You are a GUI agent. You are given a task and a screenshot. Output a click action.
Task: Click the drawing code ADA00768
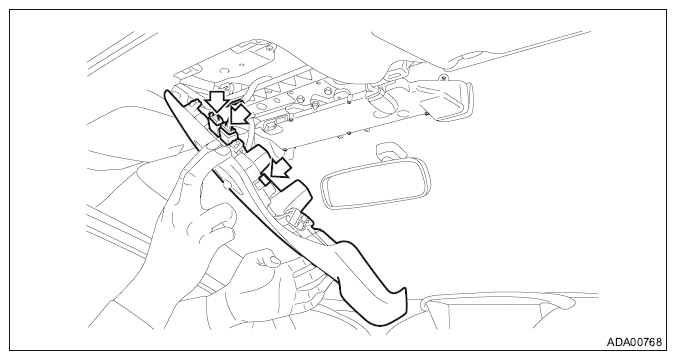[x=634, y=342]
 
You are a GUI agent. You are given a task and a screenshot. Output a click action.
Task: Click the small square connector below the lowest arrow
[x=265, y=179]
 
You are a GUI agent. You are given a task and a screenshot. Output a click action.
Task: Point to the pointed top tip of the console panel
[x=166, y=92]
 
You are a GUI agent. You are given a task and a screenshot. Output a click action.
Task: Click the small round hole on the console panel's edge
[x=225, y=185]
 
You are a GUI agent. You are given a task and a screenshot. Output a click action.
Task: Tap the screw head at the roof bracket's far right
[x=443, y=78]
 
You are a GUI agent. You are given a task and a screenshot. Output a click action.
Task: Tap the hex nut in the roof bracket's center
[x=316, y=106]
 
